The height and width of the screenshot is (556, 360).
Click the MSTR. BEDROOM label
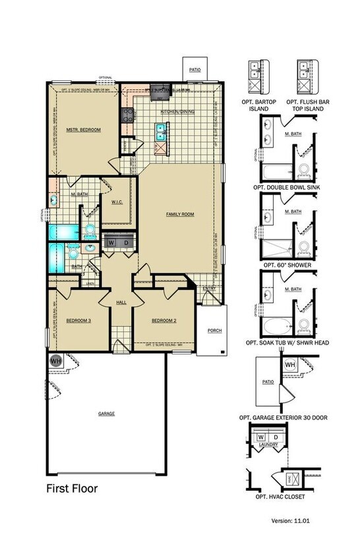[x=84, y=130]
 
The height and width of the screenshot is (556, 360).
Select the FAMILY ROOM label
[x=179, y=214]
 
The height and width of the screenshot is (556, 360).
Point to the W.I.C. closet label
[x=119, y=202]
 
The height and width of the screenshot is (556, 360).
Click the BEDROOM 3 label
[x=78, y=321]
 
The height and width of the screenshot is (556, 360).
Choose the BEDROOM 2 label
[x=164, y=321]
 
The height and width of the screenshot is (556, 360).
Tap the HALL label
[x=121, y=302]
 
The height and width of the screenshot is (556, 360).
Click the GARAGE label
[x=106, y=414]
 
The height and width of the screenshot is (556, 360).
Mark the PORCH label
[x=214, y=330]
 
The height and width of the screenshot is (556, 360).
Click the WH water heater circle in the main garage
[x=55, y=360]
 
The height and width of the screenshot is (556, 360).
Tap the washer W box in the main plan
[x=111, y=242]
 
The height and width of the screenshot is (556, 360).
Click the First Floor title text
[x=72, y=489]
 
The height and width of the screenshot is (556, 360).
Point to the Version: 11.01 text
[x=290, y=520]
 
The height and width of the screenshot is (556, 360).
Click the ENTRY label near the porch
[x=210, y=288]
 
